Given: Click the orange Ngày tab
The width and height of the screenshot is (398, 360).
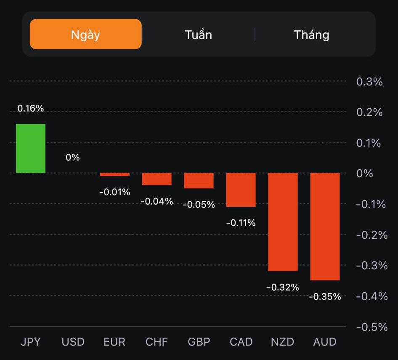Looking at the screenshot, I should point(85,34).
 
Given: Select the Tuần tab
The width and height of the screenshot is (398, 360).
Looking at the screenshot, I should point(198,34).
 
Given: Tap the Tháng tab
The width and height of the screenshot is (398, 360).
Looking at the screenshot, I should point(311,34).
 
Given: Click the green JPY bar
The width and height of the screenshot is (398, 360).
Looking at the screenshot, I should point(31,148).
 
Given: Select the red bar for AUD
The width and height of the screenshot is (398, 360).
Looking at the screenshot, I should point(325,226).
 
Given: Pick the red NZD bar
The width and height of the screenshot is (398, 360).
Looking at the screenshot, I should point(283,221).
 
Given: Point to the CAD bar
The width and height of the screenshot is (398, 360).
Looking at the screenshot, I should point(241,189).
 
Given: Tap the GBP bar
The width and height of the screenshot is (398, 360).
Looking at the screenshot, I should point(199,180).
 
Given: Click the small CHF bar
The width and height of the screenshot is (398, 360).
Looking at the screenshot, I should point(157,179).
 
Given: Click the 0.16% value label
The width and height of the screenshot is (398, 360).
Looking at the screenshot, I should point(31,108).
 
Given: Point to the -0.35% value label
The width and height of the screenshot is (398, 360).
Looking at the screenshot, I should point(325,297).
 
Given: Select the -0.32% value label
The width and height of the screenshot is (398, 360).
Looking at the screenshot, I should point(283,287).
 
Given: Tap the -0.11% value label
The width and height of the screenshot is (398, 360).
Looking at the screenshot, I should point(241,223).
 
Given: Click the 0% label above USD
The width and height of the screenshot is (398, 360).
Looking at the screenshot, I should point(72,157).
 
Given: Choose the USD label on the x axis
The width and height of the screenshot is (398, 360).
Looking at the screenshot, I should point(73,341).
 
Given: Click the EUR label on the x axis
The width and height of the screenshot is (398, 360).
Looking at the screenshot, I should point(114,341).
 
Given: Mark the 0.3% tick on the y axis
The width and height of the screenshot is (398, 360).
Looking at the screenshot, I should point(369,82).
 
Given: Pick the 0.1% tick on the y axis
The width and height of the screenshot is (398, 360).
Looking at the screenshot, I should point(369,143).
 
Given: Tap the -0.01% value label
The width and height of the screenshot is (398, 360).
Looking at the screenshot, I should point(114,192).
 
